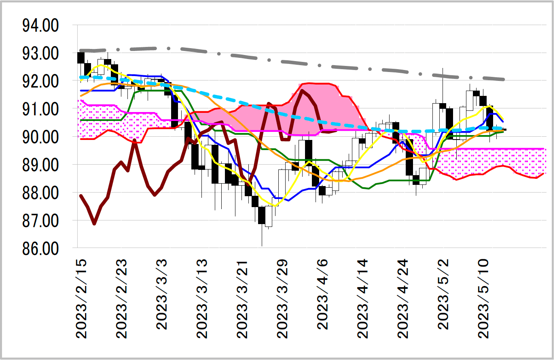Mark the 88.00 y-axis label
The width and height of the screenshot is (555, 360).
click(40, 193)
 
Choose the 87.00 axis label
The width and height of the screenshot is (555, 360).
click(40, 221)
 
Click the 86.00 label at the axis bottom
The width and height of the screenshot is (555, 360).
click(40, 248)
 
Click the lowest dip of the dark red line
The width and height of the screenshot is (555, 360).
click(94, 223)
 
